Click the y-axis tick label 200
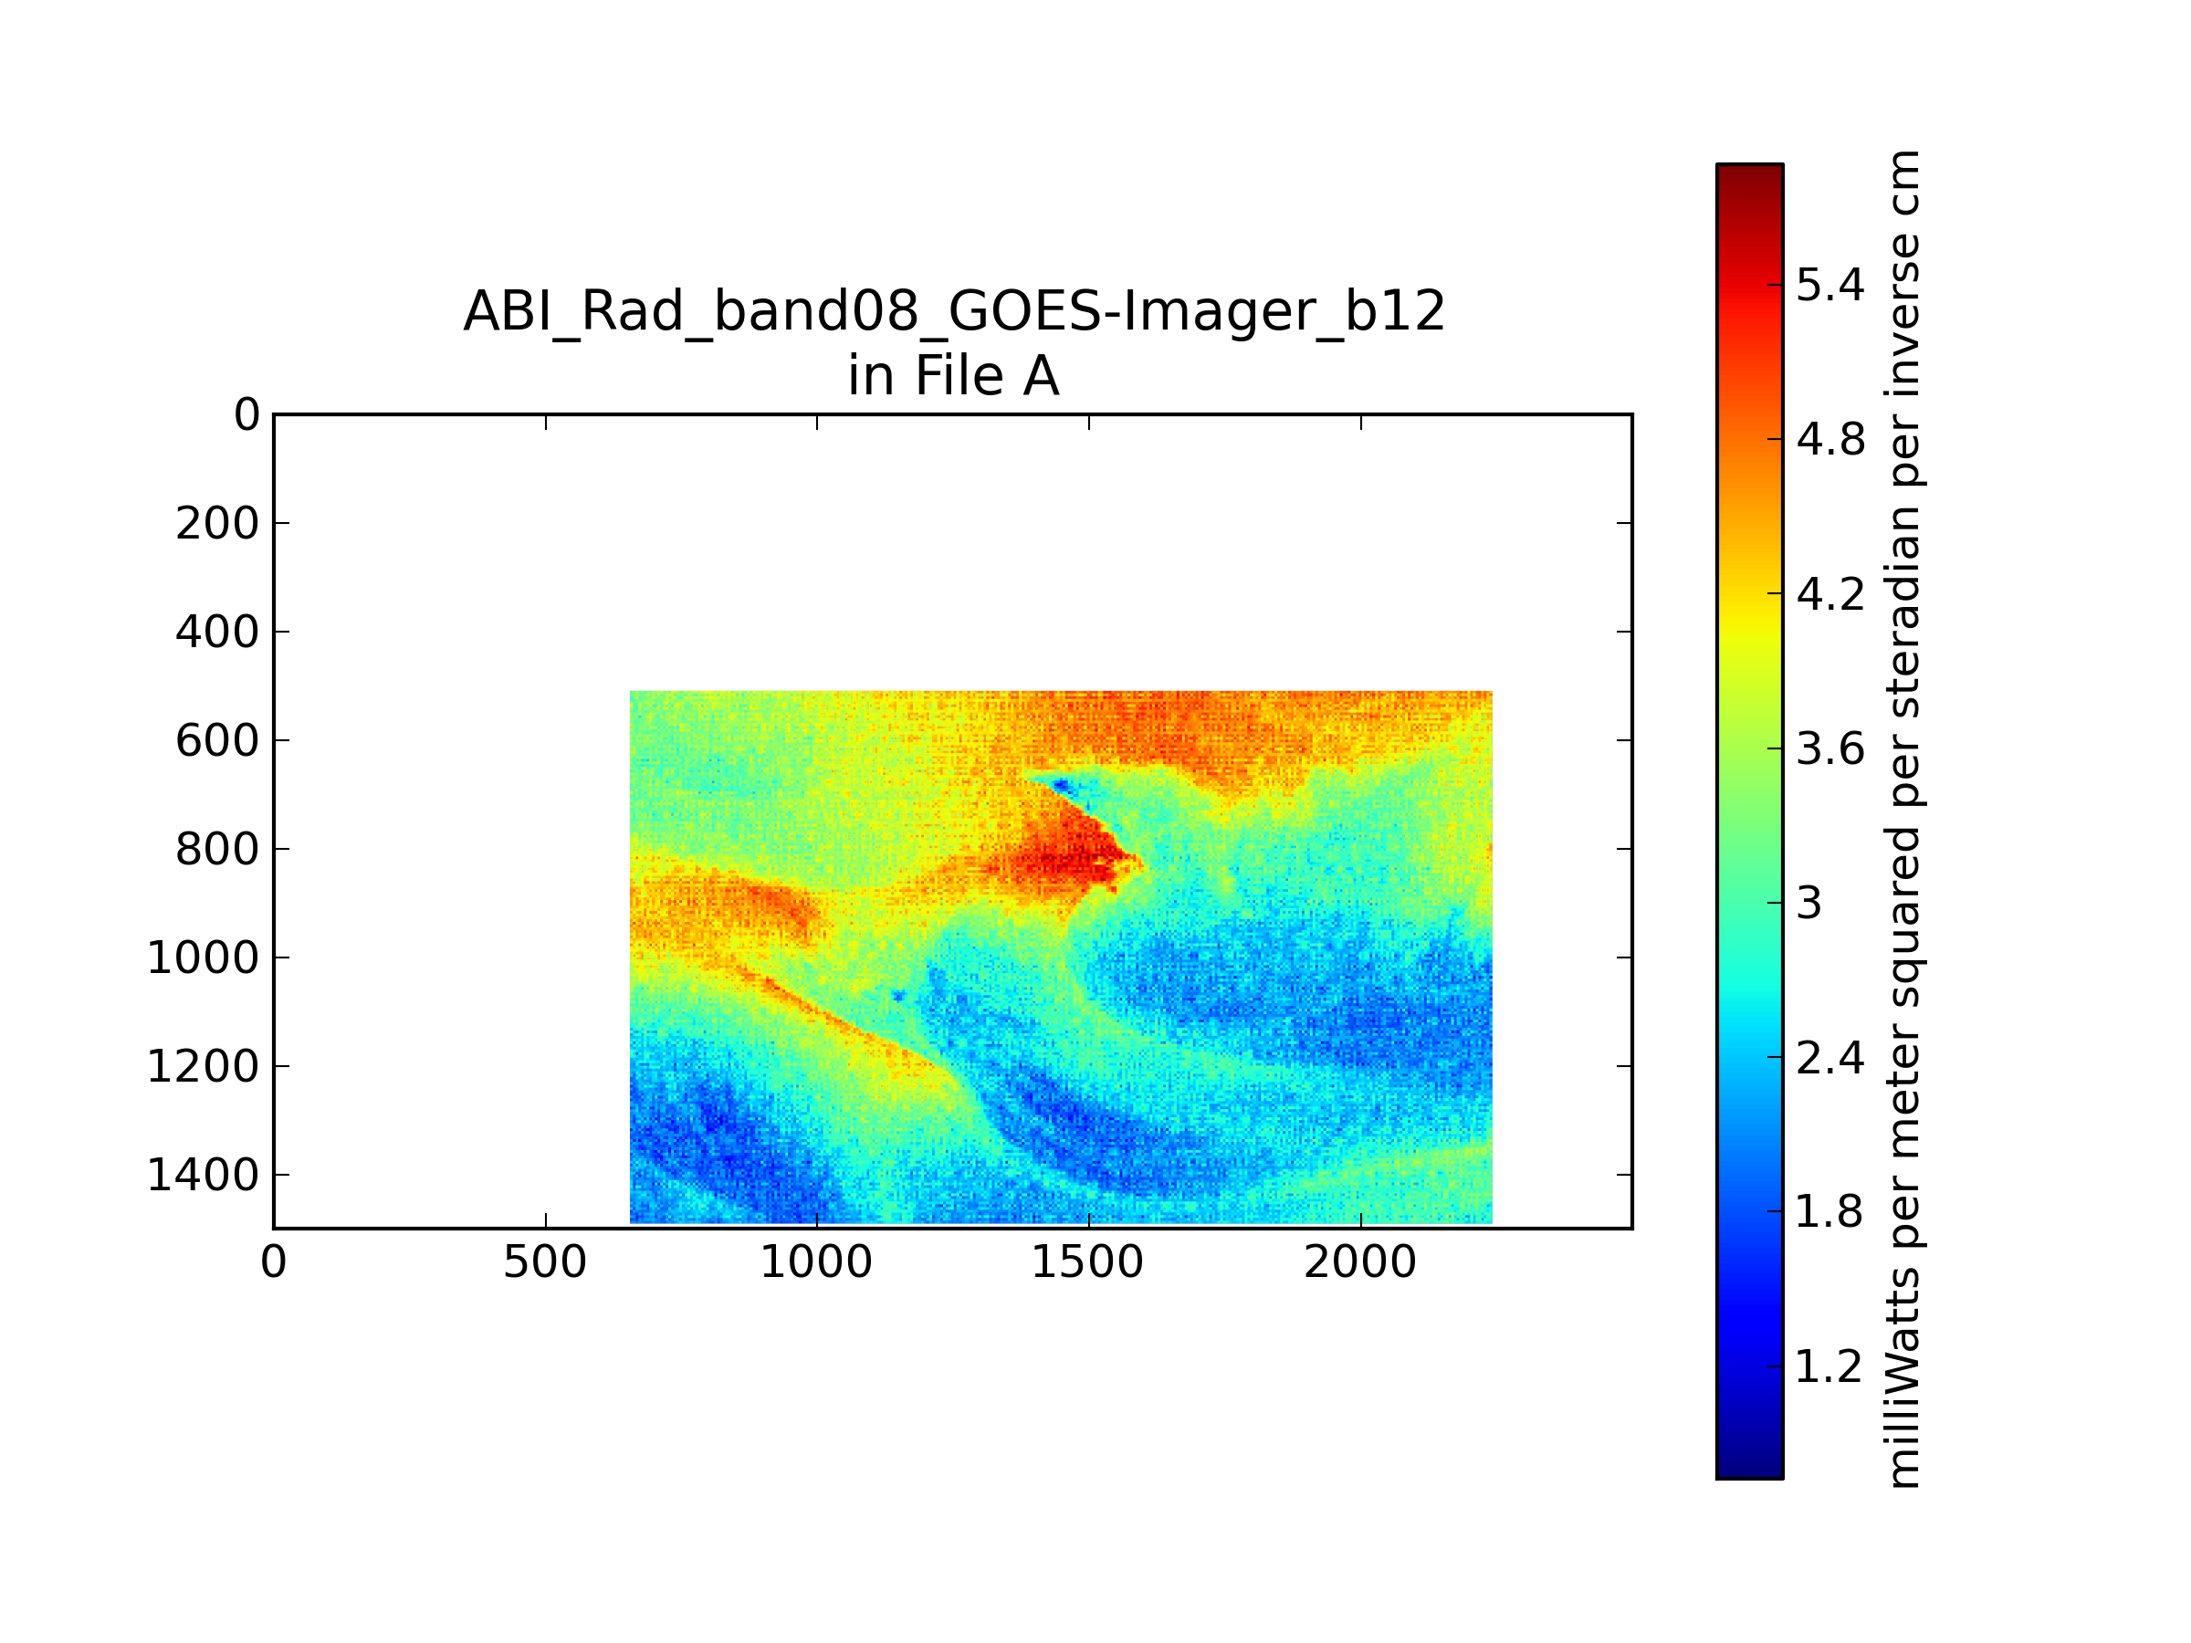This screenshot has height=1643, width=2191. [x=217, y=524]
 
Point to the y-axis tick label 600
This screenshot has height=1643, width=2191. [x=217, y=741]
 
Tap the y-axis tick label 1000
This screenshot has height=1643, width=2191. [x=203, y=958]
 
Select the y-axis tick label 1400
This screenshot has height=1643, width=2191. [x=203, y=1175]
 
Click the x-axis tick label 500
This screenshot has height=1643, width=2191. [x=545, y=1262]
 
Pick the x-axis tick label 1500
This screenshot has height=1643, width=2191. [x=1087, y=1262]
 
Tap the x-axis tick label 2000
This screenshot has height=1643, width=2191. [x=1360, y=1262]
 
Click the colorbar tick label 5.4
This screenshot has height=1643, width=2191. [x=1829, y=285]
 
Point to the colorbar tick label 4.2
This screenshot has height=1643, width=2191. [x=1829, y=594]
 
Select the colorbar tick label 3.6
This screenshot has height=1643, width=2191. [x=1829, y=748]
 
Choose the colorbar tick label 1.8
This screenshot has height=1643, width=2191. [x=1829, y=1211]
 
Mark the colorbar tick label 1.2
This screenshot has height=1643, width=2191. [x=1829, y=1366]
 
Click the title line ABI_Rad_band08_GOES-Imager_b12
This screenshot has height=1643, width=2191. [x=955, y=313]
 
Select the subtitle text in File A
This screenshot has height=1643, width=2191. [x=954, y=376]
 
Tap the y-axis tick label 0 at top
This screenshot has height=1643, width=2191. [x=246, y=415]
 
